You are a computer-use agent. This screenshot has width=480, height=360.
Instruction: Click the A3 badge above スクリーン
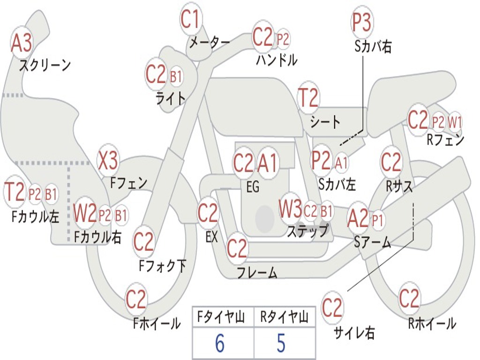[22, 44]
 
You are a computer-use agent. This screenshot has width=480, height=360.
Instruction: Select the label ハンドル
[277, 60]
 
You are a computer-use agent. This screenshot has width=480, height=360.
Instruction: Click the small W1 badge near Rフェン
[455, 122]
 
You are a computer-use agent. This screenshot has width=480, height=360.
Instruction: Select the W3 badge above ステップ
[291, 210]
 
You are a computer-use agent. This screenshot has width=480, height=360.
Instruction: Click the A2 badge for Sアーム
[358, 219]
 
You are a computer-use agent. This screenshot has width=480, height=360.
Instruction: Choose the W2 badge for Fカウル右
[85, 214]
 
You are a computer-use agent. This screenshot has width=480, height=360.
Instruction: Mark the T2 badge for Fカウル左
[15, 193]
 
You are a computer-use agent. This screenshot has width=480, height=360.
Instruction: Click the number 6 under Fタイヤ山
[219, 344]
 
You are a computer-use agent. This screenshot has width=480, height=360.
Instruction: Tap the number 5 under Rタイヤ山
[281, 344]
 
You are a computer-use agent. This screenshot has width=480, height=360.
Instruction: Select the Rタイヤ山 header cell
[284, 317]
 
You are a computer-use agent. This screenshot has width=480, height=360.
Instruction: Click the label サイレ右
[354, 333]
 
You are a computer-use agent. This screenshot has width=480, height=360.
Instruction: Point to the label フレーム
[257, 272]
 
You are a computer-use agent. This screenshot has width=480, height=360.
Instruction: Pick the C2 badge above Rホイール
[409, 298]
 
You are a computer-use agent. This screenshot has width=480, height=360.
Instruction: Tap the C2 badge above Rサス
[391, 162]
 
